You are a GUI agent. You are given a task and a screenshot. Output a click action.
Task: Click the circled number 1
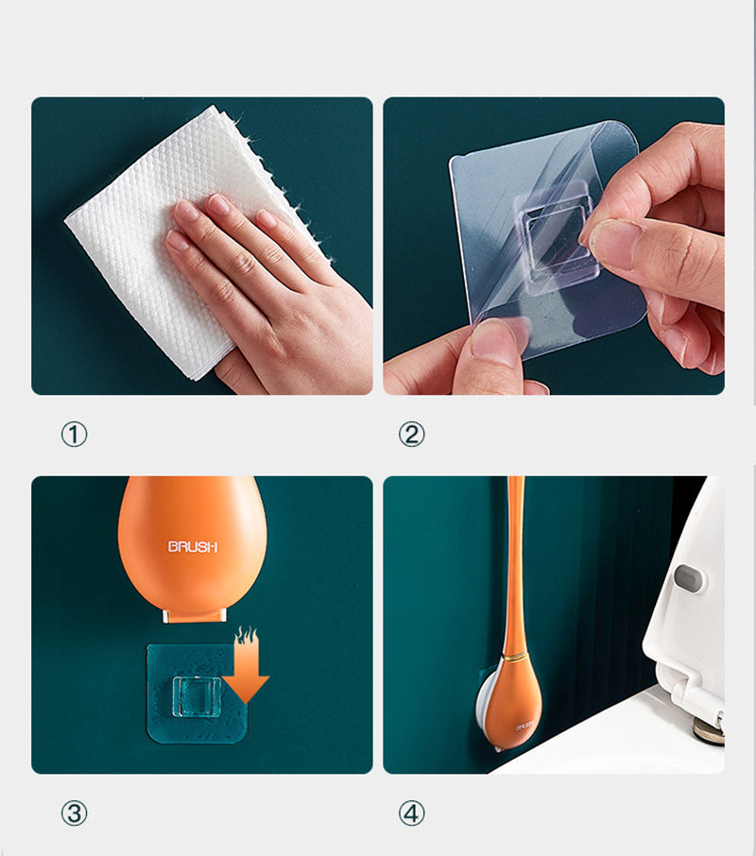point(74,435)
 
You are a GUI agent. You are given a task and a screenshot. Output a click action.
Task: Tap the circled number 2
point(411,435)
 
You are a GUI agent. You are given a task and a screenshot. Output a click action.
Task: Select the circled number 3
point(74,813)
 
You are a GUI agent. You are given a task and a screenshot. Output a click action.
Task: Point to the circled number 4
point(411,813)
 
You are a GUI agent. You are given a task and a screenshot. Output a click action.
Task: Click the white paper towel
point(163,230)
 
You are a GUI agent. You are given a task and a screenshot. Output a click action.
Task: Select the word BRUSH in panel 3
point(192,546)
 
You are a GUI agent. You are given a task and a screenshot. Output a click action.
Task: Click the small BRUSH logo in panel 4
point(524,728)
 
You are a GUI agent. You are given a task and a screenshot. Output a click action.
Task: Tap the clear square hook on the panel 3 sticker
point(197,696)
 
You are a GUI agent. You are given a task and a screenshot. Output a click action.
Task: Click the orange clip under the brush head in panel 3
point(195,616)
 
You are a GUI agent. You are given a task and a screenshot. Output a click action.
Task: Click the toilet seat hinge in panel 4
point(708,728)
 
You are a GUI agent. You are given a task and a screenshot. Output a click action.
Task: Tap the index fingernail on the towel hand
point(185,211)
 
